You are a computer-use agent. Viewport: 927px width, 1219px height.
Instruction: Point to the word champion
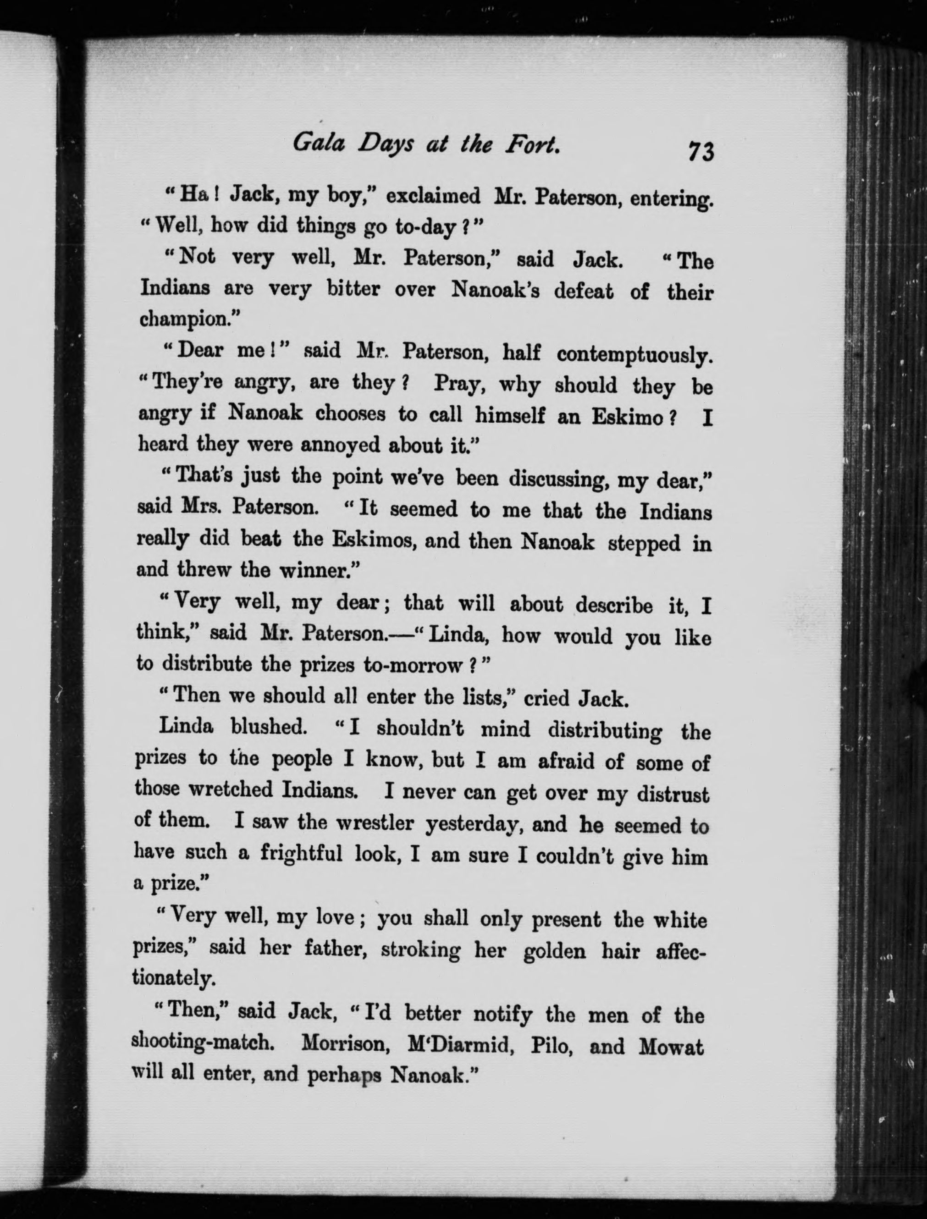[186, 320]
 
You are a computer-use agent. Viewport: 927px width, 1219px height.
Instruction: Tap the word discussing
[558, 479]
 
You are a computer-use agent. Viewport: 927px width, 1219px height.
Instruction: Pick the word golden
[554, 951]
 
